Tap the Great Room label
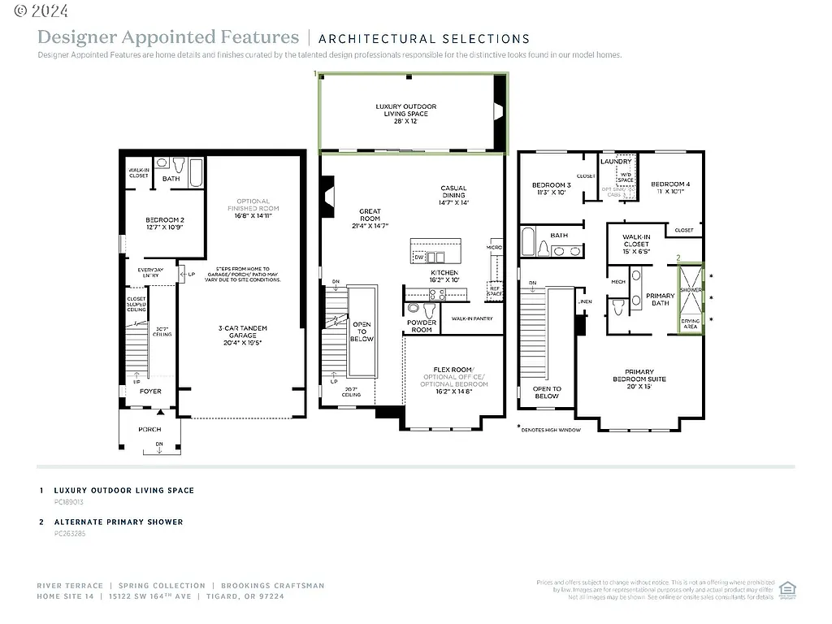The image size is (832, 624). pyautogui.click(x=370, y=215)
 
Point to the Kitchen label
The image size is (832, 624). pyautogui.click(x=444, y=276)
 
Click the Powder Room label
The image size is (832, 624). pyautogui.click(x=422, y=326)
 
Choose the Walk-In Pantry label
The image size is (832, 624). pyautogui.click(x=473, y=319)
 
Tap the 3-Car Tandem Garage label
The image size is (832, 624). pyautogui.click(x=243, y=335)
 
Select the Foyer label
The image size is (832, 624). pyautogui.click(x=150, y=391)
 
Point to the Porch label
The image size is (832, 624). pyautogui.click(x=149, y=429)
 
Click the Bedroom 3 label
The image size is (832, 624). pyautogui.click(x=551, y=188)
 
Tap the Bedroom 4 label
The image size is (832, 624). pyautogui.click(x=670, y=188)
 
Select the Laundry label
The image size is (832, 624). pyautogui.click(x=616, y=161)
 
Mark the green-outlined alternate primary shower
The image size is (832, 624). pyautogui.click(x=691, y=299)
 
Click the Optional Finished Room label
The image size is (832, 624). pyautogui.click(x=253, y=209)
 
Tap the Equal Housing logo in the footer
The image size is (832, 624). pyautogui.click(x=786, y=589)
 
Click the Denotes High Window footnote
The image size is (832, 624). pyautogui.click(x=549, y=430)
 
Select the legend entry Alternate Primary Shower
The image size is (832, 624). pyautogui.click(x=119, y=522)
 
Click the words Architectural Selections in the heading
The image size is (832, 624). pyautogui.click(x=424, y=38)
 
